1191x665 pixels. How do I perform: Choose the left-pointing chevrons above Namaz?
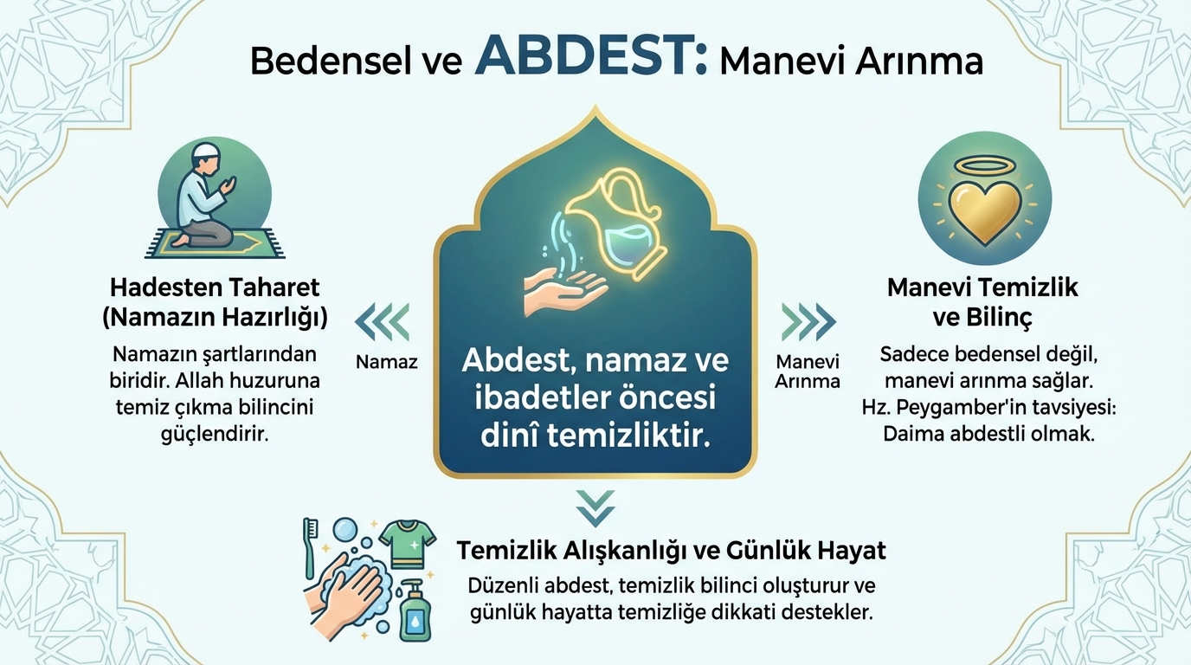(383, 322)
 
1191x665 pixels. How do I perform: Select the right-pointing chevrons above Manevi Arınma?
(808, 322)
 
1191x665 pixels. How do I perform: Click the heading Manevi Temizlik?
(982, 287)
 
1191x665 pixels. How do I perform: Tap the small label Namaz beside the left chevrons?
(387, 362)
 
